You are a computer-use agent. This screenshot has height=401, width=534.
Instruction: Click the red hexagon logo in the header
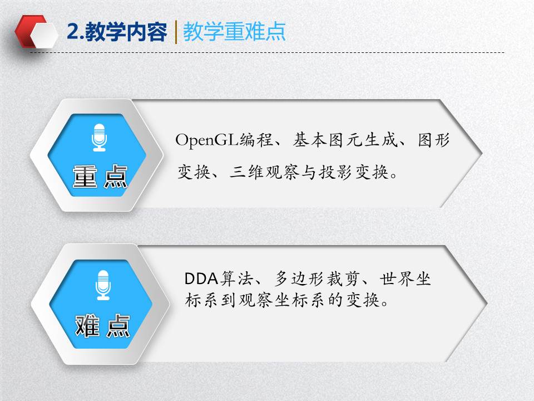35,31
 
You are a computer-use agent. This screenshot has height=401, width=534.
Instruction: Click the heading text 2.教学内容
117,32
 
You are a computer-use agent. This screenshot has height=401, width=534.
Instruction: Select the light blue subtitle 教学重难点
234,32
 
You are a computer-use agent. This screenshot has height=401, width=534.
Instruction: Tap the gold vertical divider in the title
176,32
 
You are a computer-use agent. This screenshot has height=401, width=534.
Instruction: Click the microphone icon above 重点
99,138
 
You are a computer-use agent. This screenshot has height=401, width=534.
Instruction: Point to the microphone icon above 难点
103,285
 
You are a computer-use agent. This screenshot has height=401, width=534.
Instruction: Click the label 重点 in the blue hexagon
100,177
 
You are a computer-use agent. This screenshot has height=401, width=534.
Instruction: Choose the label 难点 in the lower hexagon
102,326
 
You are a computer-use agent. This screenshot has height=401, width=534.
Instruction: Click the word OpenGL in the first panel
206,140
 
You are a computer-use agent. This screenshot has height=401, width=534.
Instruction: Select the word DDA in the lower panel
201,278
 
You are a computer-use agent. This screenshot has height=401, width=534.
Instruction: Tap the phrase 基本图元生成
345,140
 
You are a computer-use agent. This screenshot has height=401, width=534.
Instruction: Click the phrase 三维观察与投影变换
309,172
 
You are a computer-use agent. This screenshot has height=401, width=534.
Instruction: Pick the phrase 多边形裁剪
317,278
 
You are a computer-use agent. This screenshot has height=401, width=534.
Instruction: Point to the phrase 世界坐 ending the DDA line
406,278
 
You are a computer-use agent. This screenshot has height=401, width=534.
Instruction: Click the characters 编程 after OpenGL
256,140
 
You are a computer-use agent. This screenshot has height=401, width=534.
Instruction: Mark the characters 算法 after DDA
236,278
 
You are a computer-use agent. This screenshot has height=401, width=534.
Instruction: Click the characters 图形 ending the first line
434,140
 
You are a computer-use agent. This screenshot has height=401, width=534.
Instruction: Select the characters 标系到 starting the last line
211,300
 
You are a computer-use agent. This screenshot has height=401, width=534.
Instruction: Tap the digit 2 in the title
72,32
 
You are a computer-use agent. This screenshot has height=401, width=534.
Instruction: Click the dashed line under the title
267,53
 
